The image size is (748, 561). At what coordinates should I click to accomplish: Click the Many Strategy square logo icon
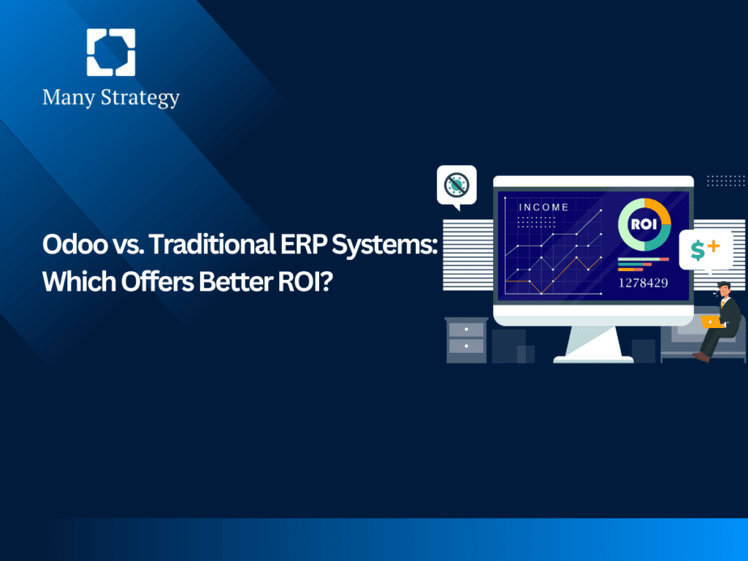110,53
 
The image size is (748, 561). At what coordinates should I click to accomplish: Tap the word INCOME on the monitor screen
543,207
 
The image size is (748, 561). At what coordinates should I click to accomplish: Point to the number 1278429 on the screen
643,283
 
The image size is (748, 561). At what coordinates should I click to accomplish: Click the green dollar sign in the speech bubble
698,251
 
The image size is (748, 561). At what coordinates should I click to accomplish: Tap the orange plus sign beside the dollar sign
714,246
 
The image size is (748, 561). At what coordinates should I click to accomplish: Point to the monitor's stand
592,343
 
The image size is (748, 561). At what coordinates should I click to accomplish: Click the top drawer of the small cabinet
466,330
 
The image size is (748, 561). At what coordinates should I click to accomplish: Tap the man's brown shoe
701,356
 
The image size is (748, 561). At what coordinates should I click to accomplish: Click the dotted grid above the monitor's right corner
726,180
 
